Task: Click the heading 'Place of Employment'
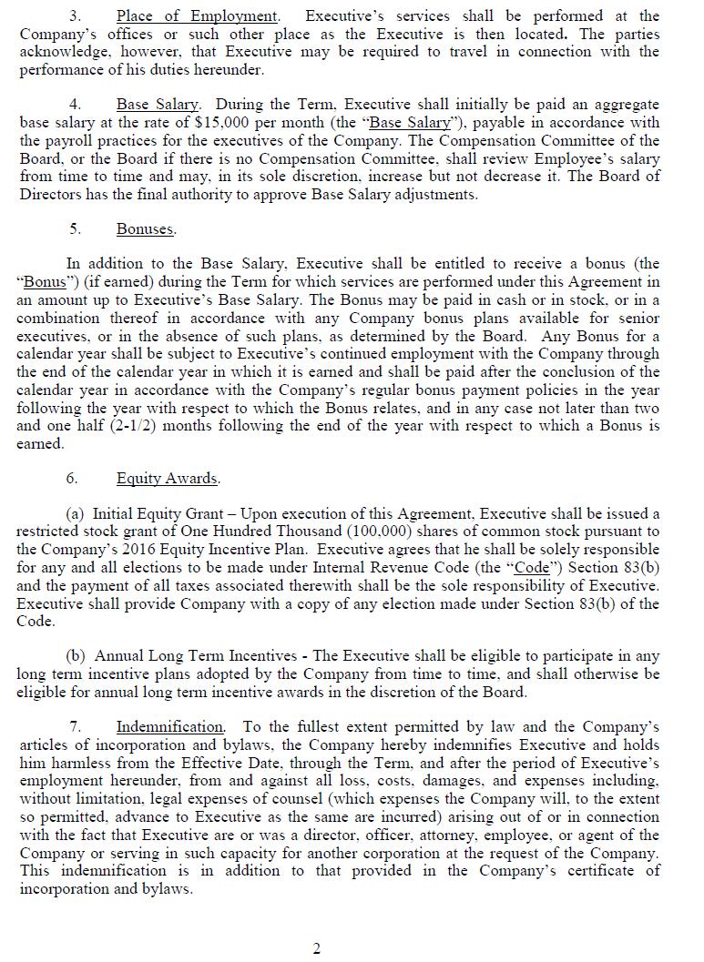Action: point(197,16)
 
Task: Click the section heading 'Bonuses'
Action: point(146,229)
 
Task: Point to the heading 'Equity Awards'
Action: point(168,479)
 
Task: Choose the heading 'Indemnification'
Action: point(170,727)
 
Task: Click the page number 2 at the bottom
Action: point(317,949)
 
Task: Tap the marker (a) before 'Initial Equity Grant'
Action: point(77,514)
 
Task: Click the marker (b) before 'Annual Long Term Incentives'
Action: point(77,656)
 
